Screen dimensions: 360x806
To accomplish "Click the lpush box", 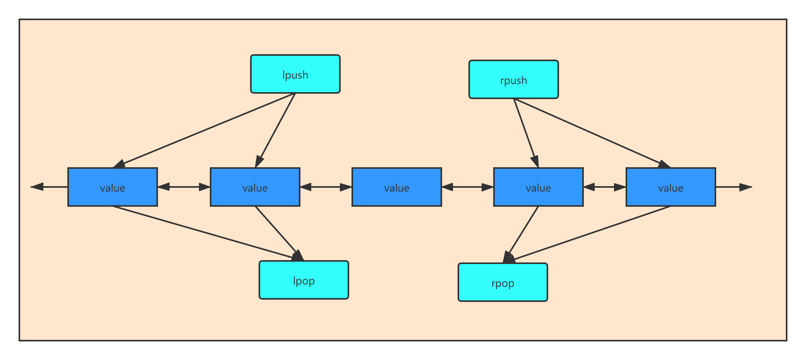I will coord(295,74).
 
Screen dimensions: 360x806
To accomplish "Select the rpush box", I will coord(513,79).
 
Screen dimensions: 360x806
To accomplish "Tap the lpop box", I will coord(304,280).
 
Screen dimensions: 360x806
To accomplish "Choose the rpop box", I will coord(502,282).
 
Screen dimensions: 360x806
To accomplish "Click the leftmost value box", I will coord(112,187).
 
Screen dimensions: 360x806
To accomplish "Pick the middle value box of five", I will coord(396,187).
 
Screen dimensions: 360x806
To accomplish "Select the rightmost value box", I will coord(671,187).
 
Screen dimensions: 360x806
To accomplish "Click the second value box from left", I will coord(255,187).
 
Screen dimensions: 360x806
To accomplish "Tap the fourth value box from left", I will coord(538,187).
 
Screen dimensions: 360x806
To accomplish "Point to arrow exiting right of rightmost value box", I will coord(733,187).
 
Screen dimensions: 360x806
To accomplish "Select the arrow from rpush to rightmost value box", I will coord(592,133).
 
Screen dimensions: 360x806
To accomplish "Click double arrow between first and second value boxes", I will coord(183,187).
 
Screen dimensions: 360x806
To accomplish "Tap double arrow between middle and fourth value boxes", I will coord(467,187).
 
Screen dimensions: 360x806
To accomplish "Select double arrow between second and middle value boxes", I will coord(326,187).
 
